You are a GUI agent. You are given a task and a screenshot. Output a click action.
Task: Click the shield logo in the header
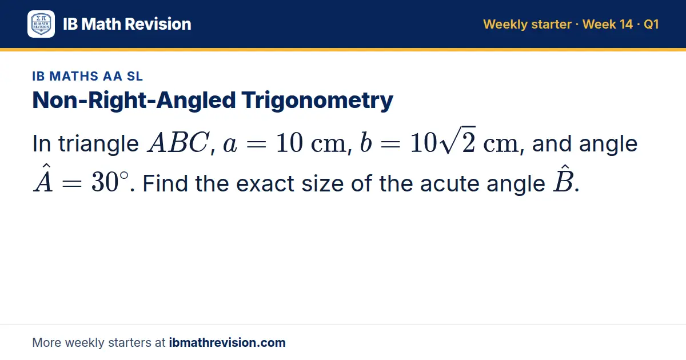click(x=41, y=24)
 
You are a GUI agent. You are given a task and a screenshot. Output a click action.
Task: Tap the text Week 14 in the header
click(x=608, y=24)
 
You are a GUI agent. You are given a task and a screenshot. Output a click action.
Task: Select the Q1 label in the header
click(x=651, y=25)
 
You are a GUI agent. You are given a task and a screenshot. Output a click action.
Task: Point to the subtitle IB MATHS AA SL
click(x=87, y=76)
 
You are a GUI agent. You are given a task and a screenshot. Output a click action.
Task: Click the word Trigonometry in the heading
click(x=317, y=101)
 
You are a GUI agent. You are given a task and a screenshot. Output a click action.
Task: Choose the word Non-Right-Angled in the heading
click(x=134, y=101)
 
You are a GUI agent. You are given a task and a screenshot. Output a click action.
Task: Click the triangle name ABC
click(x=178, y=142)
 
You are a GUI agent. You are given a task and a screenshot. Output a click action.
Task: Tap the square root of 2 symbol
click(x=457, y=140)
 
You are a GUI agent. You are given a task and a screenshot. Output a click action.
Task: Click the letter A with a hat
click(x=43, y=178)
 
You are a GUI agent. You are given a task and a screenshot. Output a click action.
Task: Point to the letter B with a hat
click(x=563, y=178)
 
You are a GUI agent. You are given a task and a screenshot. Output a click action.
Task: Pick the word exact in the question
click(x=265, y=183)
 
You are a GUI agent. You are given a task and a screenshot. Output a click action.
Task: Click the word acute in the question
click(x=449, y=183)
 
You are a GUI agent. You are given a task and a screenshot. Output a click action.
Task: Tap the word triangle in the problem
click(x=98, y=143)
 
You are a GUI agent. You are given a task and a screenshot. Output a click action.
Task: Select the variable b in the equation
click(x=366, y=142)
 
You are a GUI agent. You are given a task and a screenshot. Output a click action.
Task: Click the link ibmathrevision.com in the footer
click(x=228, y=342)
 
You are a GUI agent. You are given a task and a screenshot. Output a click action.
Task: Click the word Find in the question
click(x=165, y=183)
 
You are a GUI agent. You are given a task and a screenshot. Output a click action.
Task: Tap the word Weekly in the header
click(x=505, y=25)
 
